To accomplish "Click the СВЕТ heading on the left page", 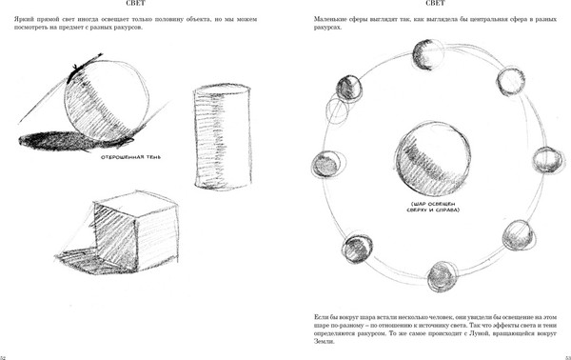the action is (135, 3).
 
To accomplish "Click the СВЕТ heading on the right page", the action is (435, 3).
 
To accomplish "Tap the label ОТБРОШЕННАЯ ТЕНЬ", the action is (130, 157).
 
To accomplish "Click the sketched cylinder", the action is (223, 137).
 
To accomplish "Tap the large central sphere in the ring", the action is (432, 159).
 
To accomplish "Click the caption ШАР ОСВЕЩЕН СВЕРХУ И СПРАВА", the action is (433, 207).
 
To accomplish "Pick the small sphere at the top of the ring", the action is (428, 55).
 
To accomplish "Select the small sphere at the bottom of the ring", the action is (442, 276).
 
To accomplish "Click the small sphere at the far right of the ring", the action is (548, 160).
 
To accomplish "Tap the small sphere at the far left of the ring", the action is (326, 163).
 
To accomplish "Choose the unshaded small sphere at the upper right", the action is (510, 81).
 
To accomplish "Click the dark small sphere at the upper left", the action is (349, 89).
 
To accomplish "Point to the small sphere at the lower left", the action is (357, 249).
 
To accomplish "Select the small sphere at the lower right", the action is (519, 235).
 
